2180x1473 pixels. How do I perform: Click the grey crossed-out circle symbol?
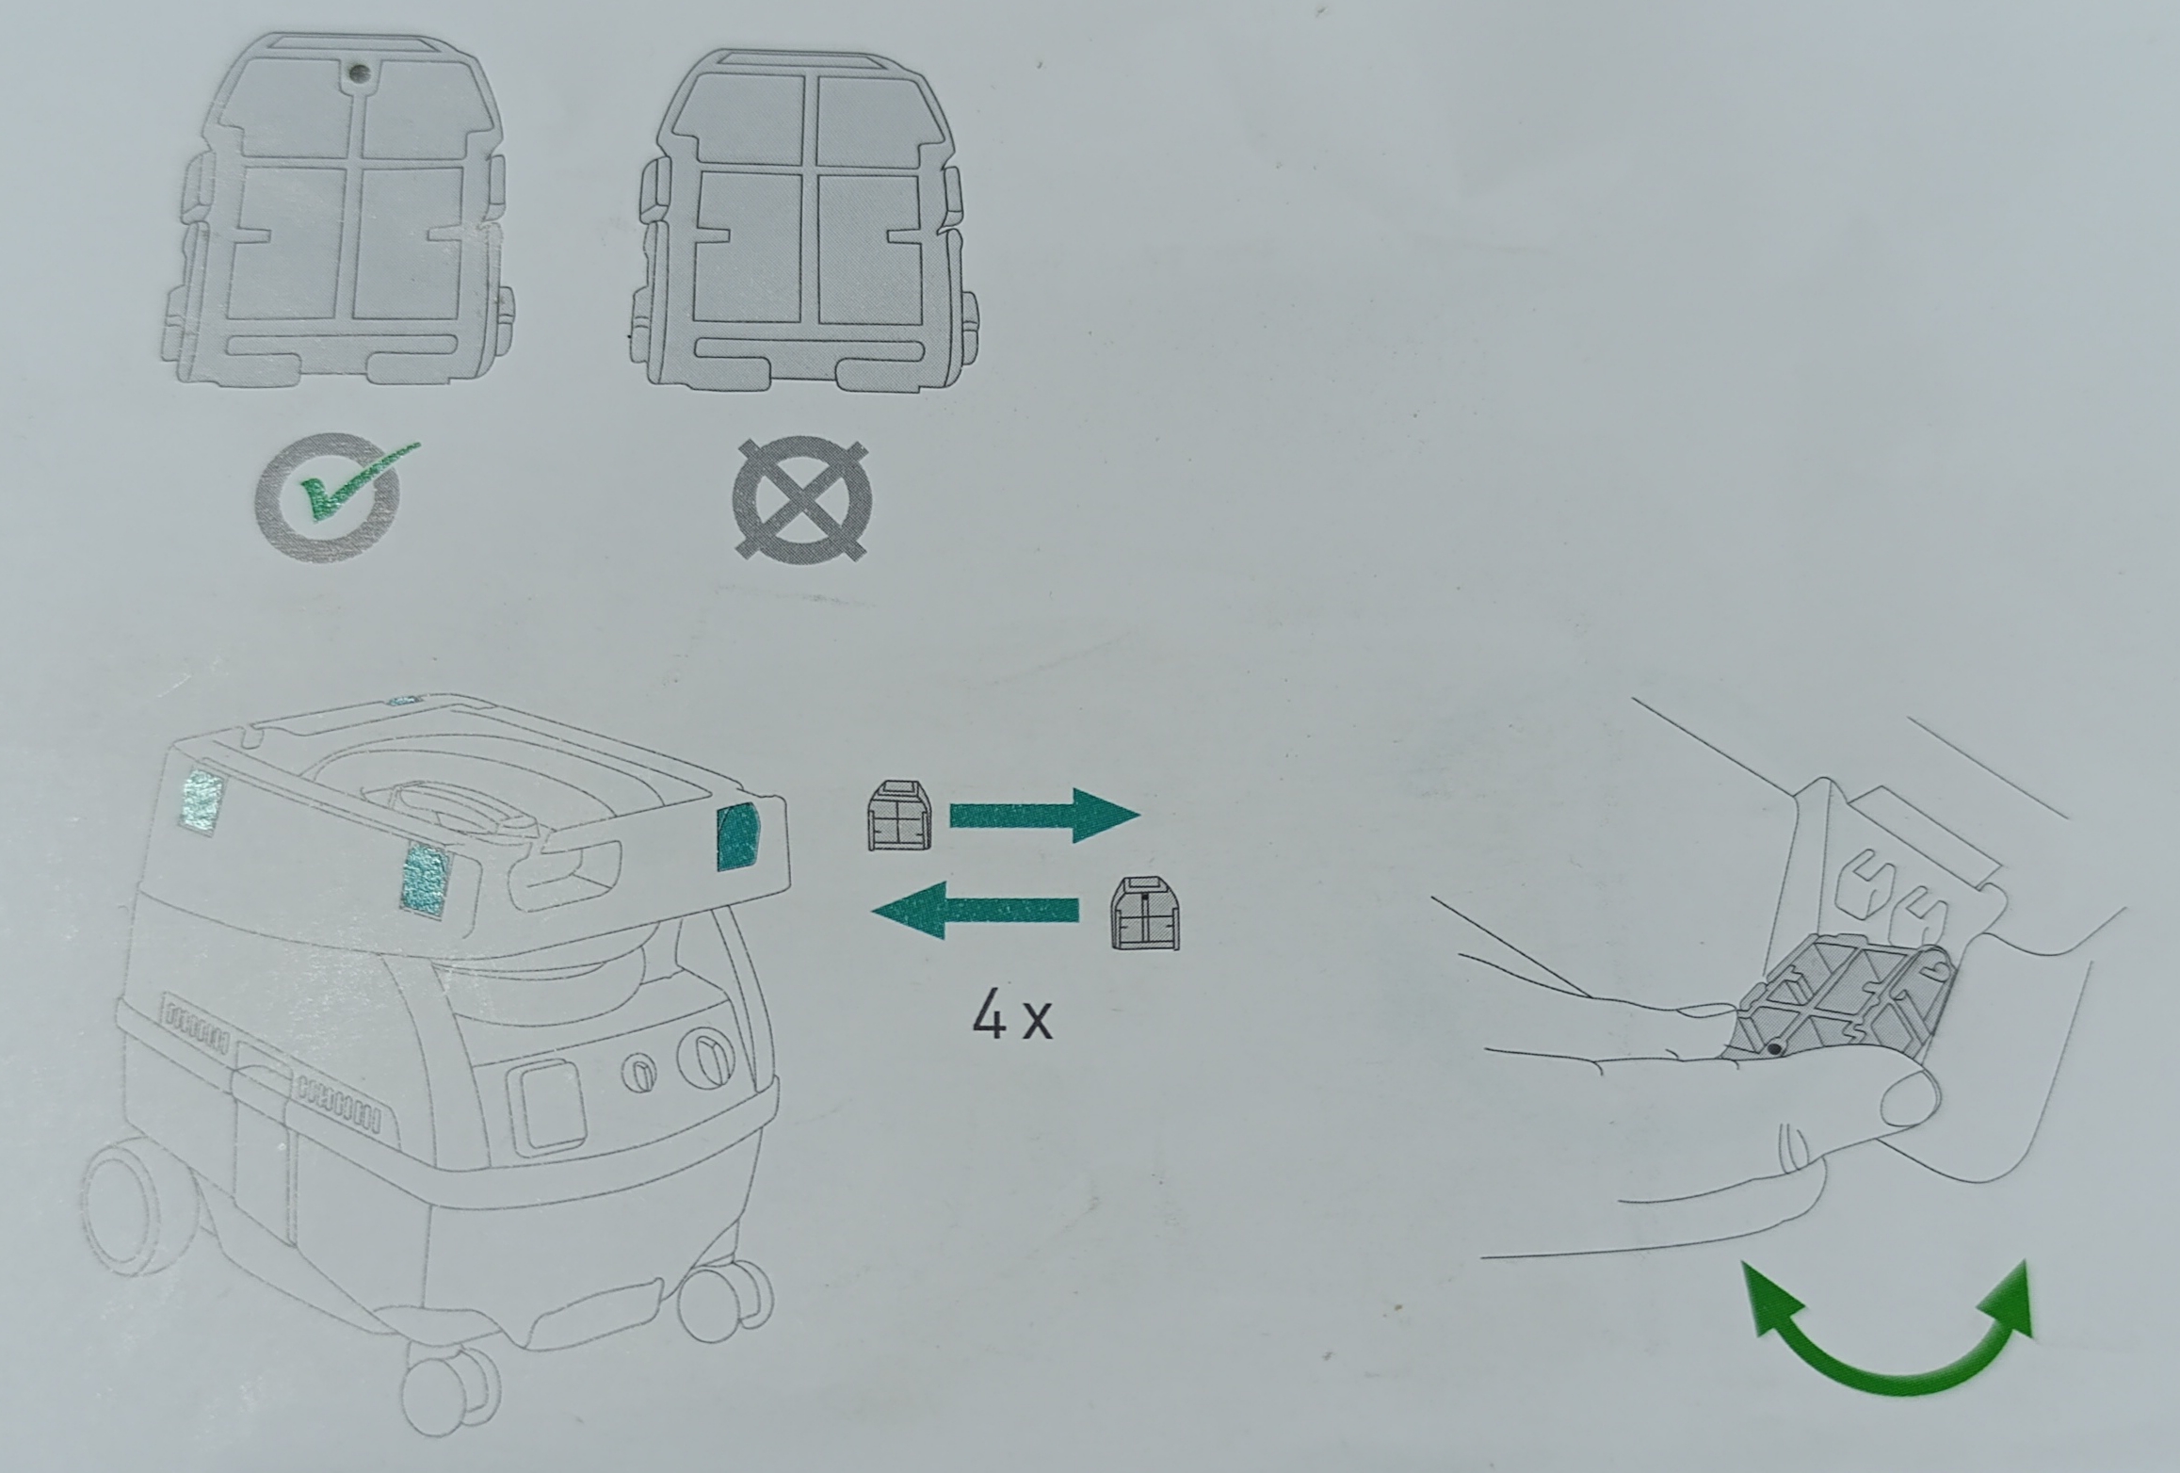point(801,498)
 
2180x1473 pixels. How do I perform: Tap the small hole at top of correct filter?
point(354,71)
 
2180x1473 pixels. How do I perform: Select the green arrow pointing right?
point(1044,816)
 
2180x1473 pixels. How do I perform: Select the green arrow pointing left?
point(976,910)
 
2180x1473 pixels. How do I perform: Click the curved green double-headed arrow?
point(1886,1356)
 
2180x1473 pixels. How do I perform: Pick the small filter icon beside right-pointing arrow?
point(898,816)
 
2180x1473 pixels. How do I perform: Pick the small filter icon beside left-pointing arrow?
point(1145,914)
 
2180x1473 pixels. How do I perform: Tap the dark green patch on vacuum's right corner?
point(738,835)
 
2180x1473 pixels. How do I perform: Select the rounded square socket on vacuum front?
point(547,1103)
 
